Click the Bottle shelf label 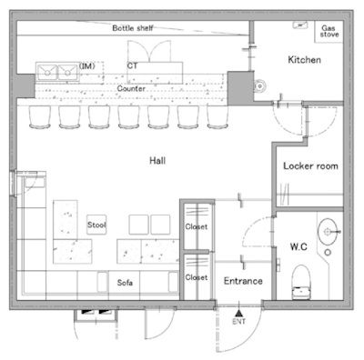[x=133, y=28]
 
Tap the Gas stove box [x=329, y=32]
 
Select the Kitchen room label [x=304, y=60]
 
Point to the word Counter [x=131, y=88]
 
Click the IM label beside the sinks [x=87, y=65]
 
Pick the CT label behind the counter [x=132, y=65]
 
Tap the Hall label [x=157, y=161]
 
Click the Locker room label [x=310, y=166]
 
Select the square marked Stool [x=96, y=225]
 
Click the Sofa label [x=125, y=283]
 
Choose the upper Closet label [x=197, y=226]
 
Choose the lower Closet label [x=197, y=277]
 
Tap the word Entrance [x=243, y=281]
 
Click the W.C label [x=298, y=247]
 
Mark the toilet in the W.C [x=301, y=283]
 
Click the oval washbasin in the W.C [x=328, y=232]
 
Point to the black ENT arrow [x=239, y=313]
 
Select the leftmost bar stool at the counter [x=40, y=117]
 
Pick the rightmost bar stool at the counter [x=217, y=117]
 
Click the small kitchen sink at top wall [x=300, y=25]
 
